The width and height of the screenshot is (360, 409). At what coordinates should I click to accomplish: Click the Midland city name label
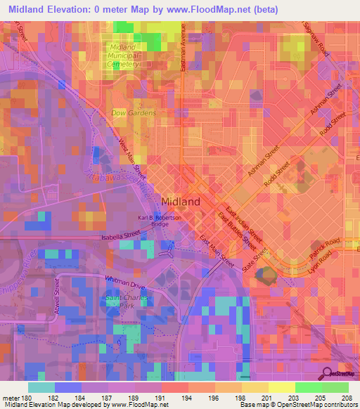point(181,201)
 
